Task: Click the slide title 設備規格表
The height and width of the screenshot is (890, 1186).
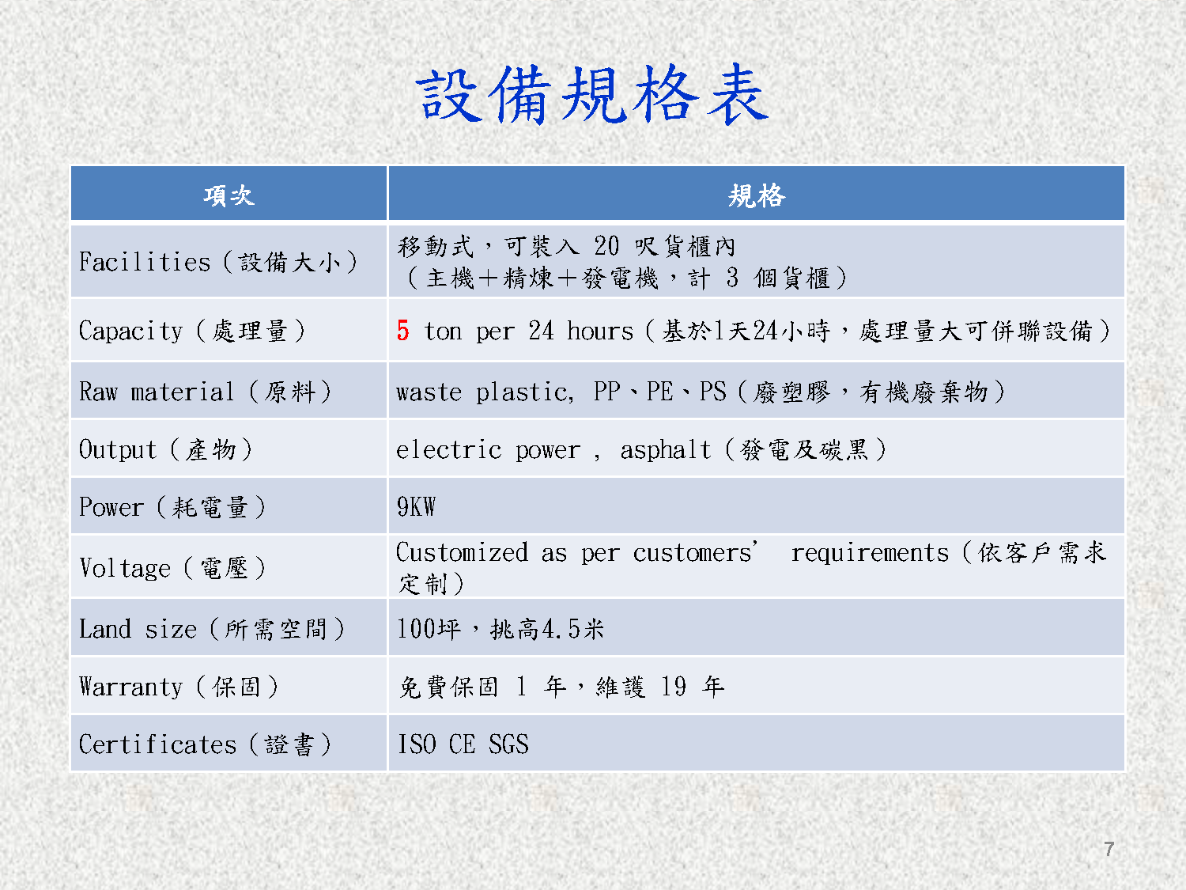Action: (x=592, y=94)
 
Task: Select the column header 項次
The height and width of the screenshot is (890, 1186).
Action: (x=229, y=195)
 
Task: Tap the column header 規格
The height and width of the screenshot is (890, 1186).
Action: (x=757, y=195)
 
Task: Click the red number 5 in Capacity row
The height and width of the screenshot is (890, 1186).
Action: (x=402, y=330)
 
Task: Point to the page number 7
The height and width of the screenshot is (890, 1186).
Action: (x=1109, y=849)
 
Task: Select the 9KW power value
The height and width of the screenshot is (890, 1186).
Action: (x=416, y=507)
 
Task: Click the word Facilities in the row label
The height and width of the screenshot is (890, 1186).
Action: (x=144, y=262)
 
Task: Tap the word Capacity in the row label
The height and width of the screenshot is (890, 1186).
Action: (x=130, y=331)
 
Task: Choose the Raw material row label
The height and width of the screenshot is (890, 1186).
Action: (x=206, y=392)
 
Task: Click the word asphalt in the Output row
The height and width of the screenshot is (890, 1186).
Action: (x=665, y=449)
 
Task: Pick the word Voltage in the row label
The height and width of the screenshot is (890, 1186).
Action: (x=125, y=568)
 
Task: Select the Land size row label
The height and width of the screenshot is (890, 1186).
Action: (x=212, y=628)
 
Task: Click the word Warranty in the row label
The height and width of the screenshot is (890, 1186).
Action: (x=130, y=687)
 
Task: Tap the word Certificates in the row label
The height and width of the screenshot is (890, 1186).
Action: (x=158, y=744)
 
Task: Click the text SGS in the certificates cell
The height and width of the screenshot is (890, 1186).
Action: (x=508, y=744)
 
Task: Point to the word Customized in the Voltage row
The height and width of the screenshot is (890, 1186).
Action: (x=462, y=552)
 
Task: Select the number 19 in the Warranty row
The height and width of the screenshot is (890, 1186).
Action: (x=673, y=686)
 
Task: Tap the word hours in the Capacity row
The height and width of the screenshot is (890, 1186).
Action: (x=600, y=331)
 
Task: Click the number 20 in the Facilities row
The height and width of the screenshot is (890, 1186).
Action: (x=606, y=246)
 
